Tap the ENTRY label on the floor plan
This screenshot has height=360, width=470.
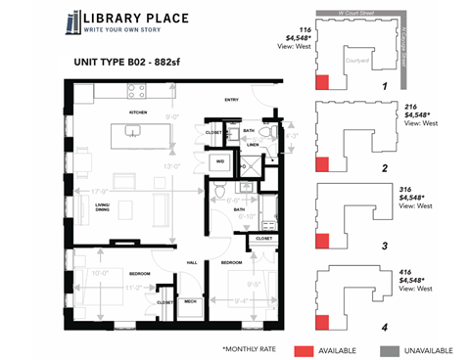click(x=232, y=99)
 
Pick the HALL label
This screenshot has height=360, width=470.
click(x=192, y=261)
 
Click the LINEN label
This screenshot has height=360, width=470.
click(x=252, y=145)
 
